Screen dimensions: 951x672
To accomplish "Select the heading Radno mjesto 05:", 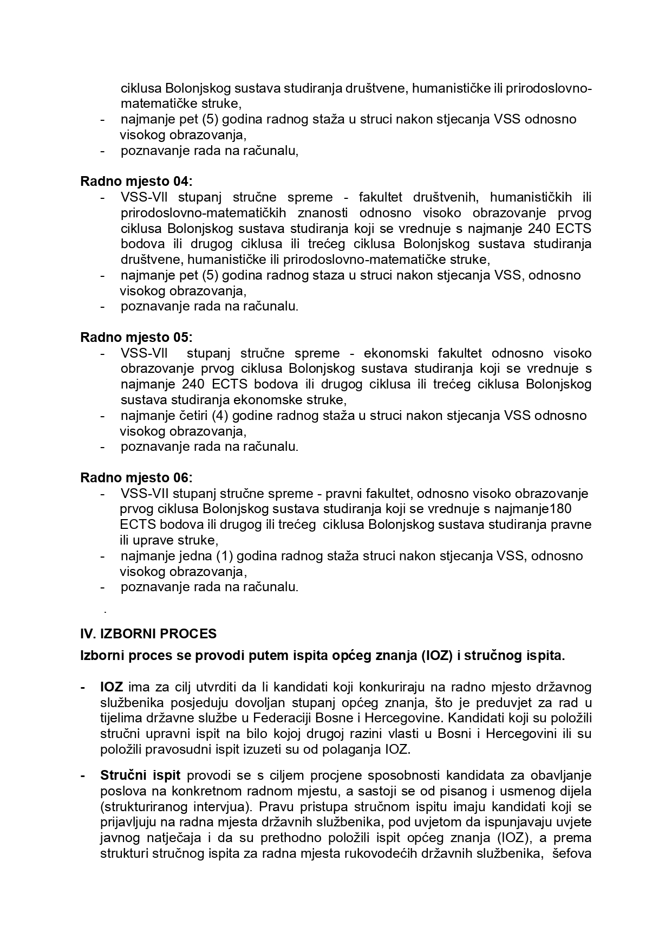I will (x=136, y=338).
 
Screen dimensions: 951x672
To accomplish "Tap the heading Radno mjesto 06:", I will (x=136, y=478).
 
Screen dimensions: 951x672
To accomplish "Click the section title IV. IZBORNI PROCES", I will (x=148, y=634).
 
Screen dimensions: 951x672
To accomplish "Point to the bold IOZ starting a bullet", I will (x=112, y=688).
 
